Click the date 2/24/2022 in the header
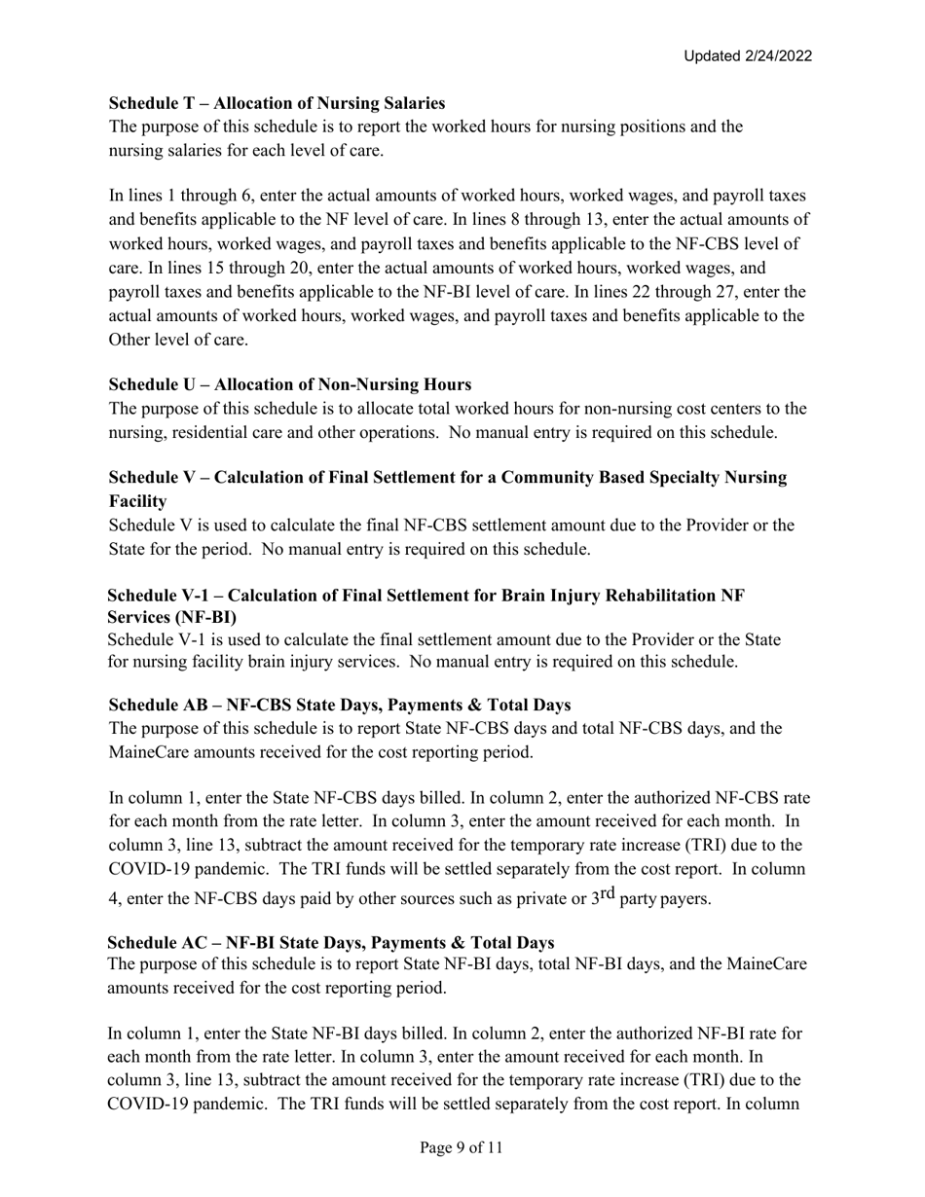point(775,56)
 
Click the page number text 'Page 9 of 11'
point(462,1148)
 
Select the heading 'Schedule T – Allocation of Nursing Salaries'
point(277,103)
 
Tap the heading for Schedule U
point(290,384)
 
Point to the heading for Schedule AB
point(340,705)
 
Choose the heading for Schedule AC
point(331,943)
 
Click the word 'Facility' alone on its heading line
point(137,501)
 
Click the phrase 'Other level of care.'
point(178,340)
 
